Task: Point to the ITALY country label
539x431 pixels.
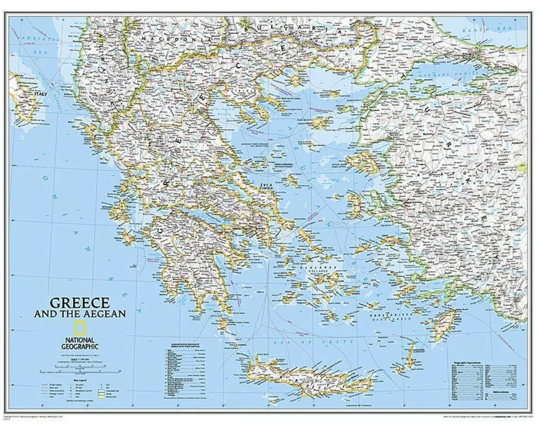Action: coord(41,94)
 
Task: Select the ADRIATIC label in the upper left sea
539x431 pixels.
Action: coord(40,39)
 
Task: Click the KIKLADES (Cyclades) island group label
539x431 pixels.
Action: coord(323,268)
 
